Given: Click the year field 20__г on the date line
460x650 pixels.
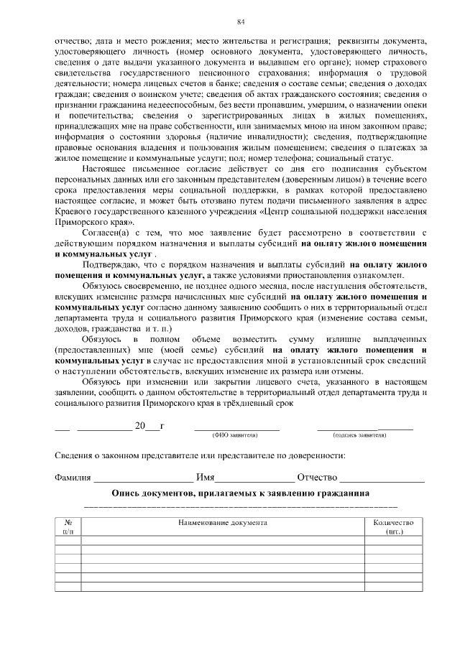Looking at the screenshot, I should [x=149, y=426].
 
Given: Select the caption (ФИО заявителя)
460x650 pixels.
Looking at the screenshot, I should [x=234, y=435].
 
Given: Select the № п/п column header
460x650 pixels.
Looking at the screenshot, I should [x=68, y=527].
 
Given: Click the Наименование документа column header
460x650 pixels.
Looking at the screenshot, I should [x=223, y=523].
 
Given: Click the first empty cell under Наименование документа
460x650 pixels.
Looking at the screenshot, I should [x=223, y=541].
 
